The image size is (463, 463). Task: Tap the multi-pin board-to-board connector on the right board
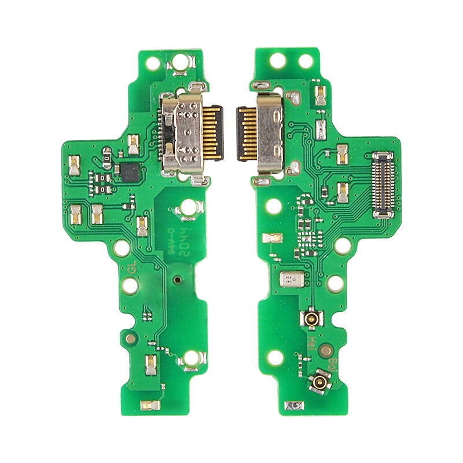tap(383, 184)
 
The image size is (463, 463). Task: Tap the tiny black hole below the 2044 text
tap(177, 280)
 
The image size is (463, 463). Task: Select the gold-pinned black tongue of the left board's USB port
tap(214, 132)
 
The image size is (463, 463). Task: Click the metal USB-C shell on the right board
tap(269, 132)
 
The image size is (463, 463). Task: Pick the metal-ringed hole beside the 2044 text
tap(188, 206)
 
